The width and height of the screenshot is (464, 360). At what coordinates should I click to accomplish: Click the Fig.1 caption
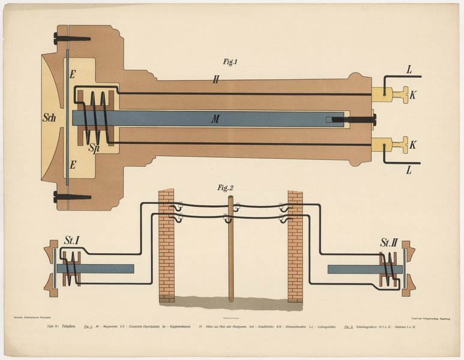[x=231, y=61]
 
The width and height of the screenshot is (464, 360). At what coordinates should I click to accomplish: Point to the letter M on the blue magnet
[x=214, y=119]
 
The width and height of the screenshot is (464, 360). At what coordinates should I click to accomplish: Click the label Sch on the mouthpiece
[x=49, y=118]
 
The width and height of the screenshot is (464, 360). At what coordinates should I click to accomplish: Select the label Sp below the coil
[x=94, y=147]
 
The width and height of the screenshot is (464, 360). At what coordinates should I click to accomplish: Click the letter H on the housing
[x=215, y=79]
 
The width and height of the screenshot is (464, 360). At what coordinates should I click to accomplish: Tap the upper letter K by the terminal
[x=413, y=94]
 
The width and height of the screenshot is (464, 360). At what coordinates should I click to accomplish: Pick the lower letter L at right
[x=409, y=170]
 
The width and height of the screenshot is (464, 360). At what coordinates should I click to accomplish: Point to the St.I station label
[x=72, y=241]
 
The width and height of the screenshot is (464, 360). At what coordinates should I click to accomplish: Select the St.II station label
[x=388, y=243]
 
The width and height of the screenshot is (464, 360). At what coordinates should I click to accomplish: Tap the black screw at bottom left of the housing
[x=71, y=196]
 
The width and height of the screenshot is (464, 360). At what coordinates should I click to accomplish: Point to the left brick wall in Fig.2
[x=166, y=246]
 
